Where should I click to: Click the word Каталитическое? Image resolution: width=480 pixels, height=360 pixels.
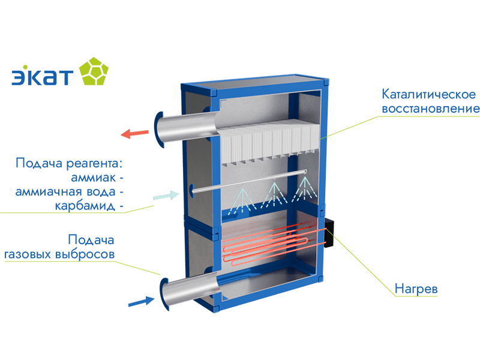pos(429,95)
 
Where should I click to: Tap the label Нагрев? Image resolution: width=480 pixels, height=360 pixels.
pos(416,289)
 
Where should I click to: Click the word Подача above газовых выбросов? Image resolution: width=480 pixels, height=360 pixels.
pos(91,240)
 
